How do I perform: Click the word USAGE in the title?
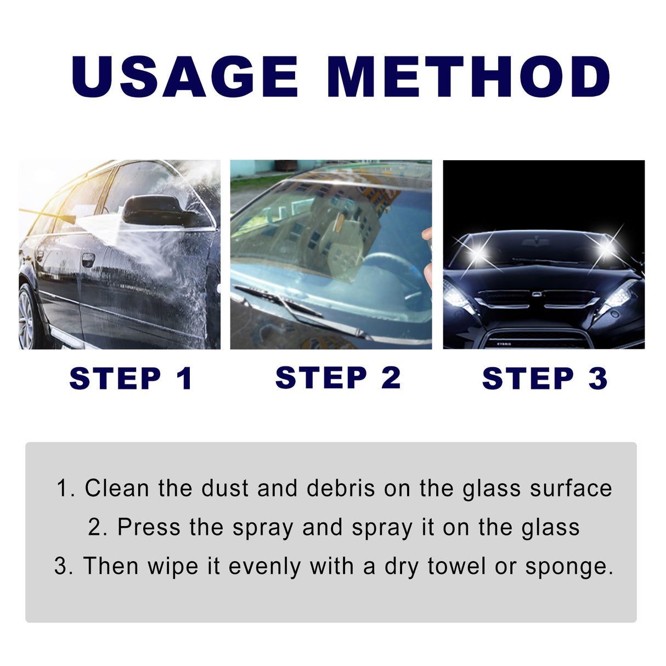point(185,76)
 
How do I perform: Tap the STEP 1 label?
point(131,379)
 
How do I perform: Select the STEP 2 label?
point(338,378)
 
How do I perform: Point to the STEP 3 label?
point(545,379)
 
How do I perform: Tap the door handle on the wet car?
point(88,259)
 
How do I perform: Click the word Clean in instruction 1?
point(116,488)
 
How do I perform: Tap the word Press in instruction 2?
point(149,527)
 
